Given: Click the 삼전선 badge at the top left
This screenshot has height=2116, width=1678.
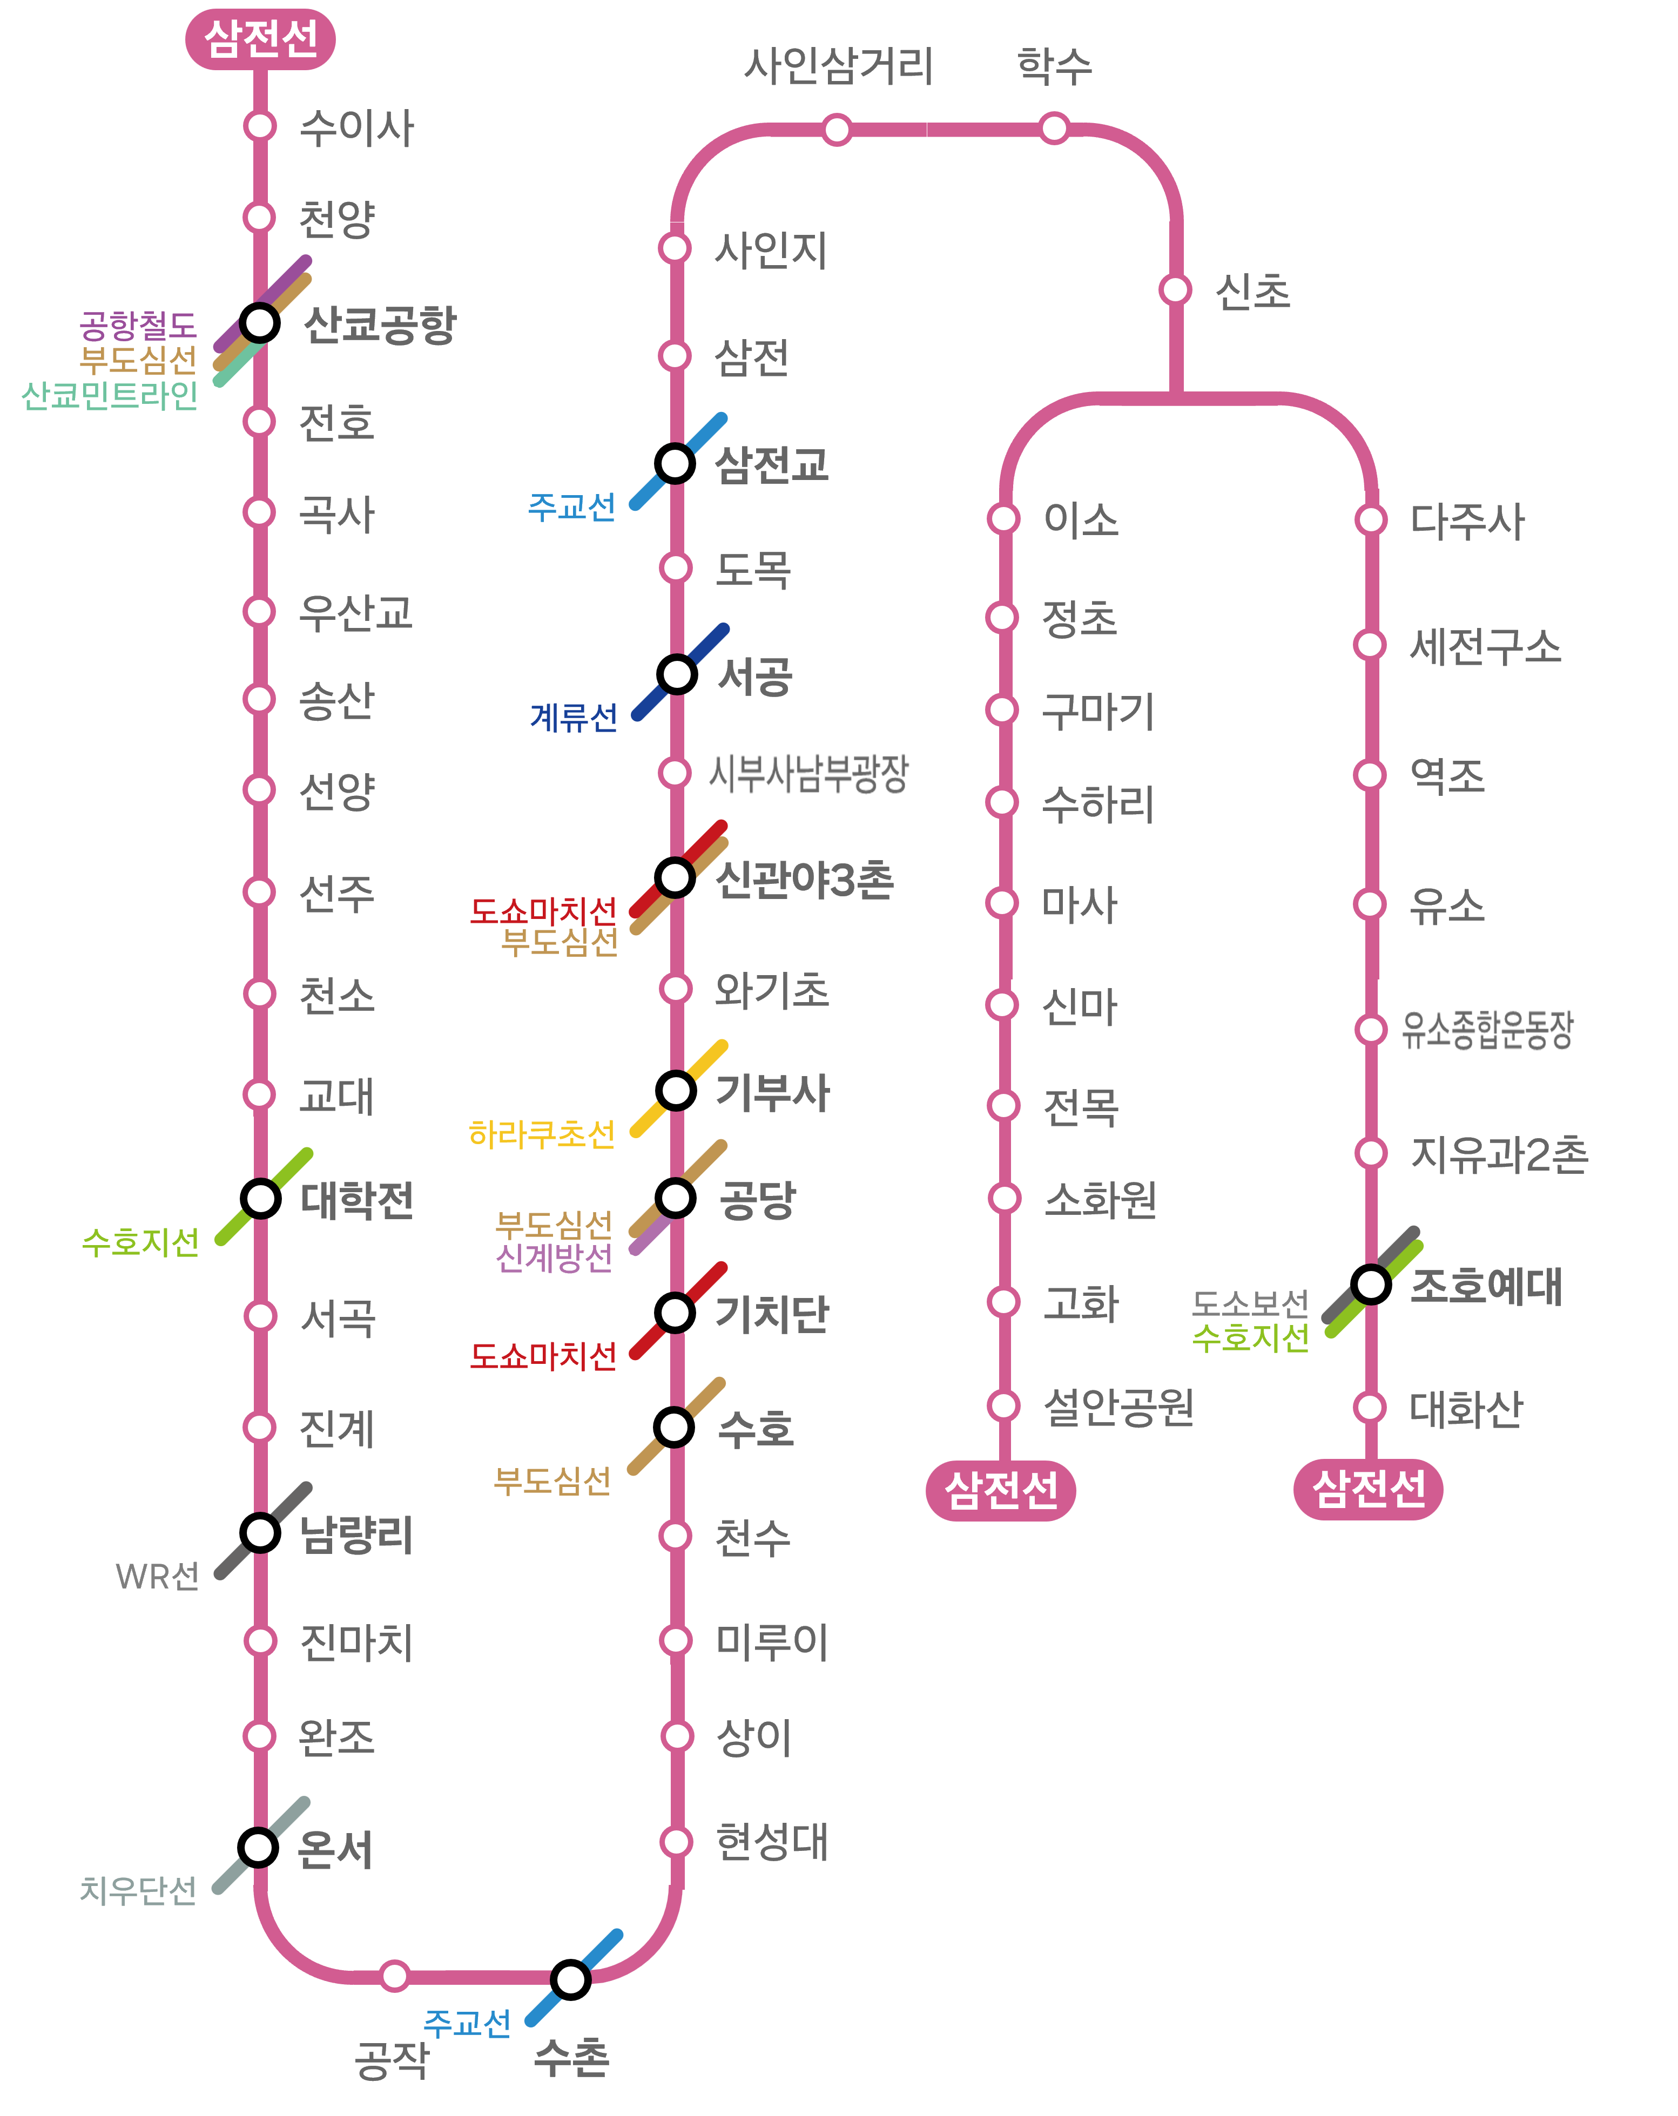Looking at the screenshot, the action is (x=260, y=39).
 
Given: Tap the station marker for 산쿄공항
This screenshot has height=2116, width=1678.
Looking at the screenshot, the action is (x=259, y=322).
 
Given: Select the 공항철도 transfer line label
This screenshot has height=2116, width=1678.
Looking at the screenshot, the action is (x=138, y=325).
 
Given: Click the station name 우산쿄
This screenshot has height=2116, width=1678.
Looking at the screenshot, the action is (x=355, y=612).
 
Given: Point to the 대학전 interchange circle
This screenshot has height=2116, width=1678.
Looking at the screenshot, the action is (x=260, y=1198).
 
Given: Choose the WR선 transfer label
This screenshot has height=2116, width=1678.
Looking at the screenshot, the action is (x=157, y=1576).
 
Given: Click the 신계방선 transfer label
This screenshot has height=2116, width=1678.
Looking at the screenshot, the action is (x=555, y=1257).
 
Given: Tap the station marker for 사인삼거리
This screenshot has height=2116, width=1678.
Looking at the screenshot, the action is (x=837, y=129).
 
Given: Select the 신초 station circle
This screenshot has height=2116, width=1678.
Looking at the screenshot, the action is (x=1175, y=289).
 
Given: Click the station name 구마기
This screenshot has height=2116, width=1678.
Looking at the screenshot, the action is (x=1098, y=711).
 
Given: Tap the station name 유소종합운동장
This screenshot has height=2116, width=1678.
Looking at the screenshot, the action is (x=1487, y=1030).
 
